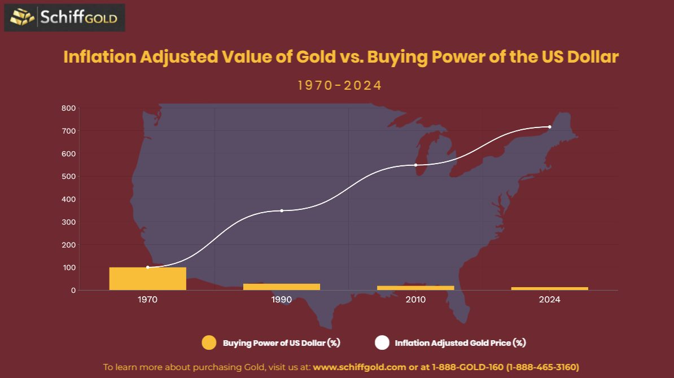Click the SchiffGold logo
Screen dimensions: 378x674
point(64,17)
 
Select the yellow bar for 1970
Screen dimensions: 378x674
point(147,279)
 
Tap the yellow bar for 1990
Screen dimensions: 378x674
point(281,287)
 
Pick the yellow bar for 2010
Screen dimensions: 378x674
point(415,288)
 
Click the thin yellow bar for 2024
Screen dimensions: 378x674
point(549,288)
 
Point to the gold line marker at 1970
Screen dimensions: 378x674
point(148,267)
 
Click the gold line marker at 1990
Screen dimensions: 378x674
point(282,210)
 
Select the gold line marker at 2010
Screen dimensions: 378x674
point(415,165)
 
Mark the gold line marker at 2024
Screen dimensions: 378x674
point(549,127)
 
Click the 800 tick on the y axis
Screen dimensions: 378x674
point(68,108)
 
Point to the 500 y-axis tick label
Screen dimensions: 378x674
point(68,177)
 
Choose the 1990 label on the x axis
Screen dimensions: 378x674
point(281,300)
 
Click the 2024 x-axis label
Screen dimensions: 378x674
point(549,300)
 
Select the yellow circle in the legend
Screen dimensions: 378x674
point(209,342)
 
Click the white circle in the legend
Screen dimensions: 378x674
point(382,342)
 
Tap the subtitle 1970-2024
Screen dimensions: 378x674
point(340,86)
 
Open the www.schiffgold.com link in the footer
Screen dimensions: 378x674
point(359,367)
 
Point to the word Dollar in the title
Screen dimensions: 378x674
point(594,57)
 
